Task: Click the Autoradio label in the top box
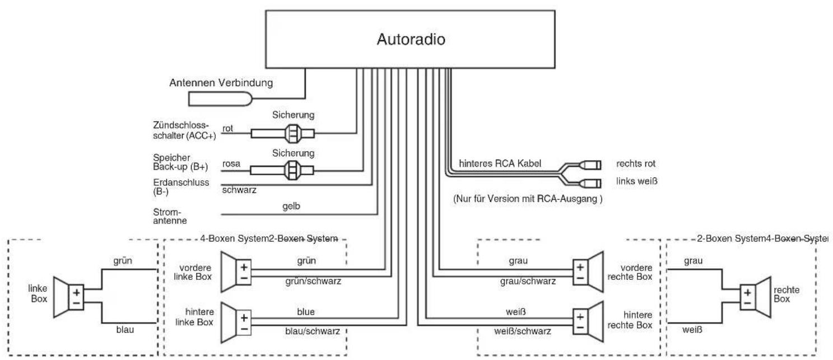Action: click(411, 39)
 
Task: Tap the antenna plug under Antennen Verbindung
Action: click(220, 99)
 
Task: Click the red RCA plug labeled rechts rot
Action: click(590, 165)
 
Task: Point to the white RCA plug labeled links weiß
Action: click(590, 183)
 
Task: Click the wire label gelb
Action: click(291, 206)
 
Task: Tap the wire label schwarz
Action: click(239, 190)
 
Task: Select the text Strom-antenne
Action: click(170, 216)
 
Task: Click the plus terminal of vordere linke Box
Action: click(244, 267)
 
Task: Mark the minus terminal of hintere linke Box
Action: click(244, 329)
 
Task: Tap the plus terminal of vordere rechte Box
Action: click(580, 267)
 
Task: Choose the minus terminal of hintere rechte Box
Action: click(580, 328)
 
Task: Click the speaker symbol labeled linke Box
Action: click(69, 297)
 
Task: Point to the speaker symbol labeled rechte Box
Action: click(755, 297)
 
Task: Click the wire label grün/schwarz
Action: click(313, 281)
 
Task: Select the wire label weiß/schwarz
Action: click(523, 331)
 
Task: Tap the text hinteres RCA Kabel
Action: click(500, 163)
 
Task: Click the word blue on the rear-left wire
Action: click(306, 312)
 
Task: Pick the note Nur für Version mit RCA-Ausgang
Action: click(528, 199)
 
